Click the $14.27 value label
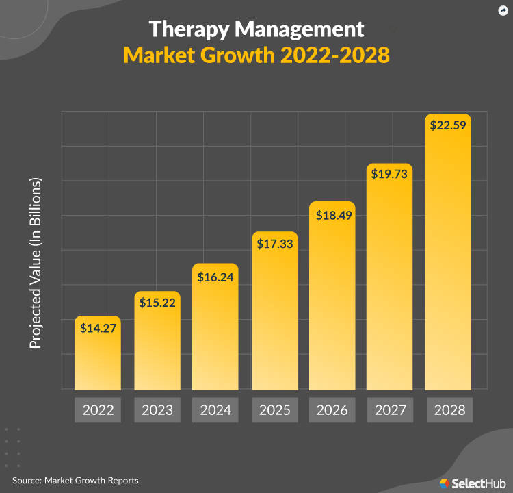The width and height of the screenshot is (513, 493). pos(98,328)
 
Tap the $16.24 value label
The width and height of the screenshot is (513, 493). pos(215,277)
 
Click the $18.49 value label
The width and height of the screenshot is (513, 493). pos(332,215)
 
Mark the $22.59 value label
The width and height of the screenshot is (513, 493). pos(448,125)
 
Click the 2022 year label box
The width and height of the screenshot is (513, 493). pos(98,410)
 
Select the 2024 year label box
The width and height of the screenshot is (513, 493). pos(215,410)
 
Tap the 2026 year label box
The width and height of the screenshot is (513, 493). pos(332,410)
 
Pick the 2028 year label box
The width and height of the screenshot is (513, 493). pos(449,410)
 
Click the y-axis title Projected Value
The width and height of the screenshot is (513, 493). pos(36,264)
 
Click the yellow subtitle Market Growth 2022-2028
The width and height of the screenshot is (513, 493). pos(256,55)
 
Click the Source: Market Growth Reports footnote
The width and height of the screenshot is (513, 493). pos(75,481)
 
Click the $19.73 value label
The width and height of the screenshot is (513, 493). pos(390,174)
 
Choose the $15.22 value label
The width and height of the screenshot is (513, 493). pos(157,302)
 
